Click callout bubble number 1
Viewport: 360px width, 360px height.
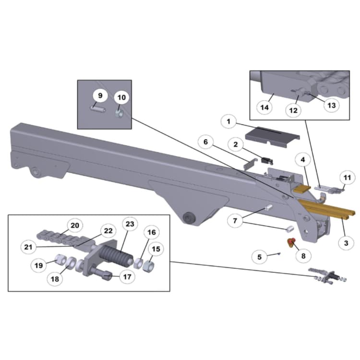coord(229,122)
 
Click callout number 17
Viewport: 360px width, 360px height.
coord(127,276)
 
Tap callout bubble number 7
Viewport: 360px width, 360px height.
coord(235,221)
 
